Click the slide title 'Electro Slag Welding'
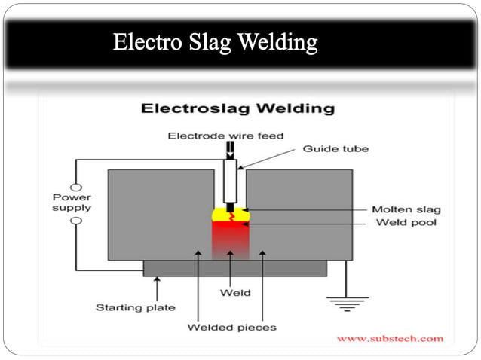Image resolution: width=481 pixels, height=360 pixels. (x=216, y=43)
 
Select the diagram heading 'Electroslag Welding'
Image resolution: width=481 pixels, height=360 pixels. (x=237, y=108)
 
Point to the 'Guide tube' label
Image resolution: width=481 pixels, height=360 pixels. (x=335, y=149)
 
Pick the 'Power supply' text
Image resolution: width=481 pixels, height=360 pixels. (x=72, y=203)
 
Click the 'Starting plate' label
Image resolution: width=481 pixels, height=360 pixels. (x=136, y=307)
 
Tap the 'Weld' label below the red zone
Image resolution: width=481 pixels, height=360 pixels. (x=230, y=292)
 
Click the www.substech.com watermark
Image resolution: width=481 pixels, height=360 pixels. (x=390, y=339)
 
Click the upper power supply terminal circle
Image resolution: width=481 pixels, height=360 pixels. (x=75, y=187)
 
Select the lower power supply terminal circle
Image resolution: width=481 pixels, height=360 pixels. (x=75, y=221)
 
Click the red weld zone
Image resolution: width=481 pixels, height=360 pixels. (x=229, y=241)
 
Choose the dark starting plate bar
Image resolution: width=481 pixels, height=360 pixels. (x=234, y=268)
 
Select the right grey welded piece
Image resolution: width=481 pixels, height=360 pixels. (x=302, y=215)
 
